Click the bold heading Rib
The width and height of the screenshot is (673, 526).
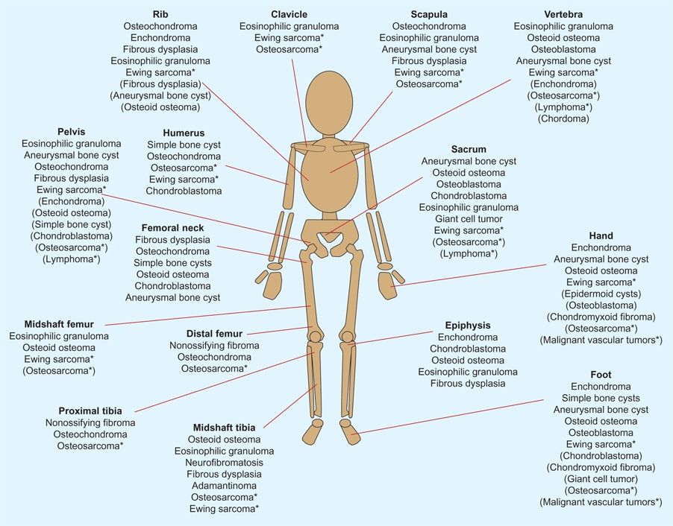point(160,14)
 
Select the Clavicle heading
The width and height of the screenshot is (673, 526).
point(289,14)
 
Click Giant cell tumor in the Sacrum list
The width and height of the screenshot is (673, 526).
point(469,218)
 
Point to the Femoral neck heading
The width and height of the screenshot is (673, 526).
point(172,228)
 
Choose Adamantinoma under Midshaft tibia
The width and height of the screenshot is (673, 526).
point(224,485)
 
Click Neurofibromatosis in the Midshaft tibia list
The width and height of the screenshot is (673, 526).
point(224,462)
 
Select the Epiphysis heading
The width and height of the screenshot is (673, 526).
point(468,326)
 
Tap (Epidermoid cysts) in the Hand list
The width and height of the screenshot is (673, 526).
point(601,294)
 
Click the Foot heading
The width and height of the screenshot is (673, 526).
point(601,375)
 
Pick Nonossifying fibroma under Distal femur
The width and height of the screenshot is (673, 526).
point(214,345)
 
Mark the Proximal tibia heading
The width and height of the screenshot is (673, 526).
point(90,411)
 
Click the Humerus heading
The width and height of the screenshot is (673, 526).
point(184,133)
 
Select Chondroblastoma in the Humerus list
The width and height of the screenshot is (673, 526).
point(184,191)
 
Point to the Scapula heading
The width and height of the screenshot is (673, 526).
point(429,14)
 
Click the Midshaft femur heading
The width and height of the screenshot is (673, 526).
point(58,324)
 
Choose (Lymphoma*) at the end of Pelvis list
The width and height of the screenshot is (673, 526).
point(72,259)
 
